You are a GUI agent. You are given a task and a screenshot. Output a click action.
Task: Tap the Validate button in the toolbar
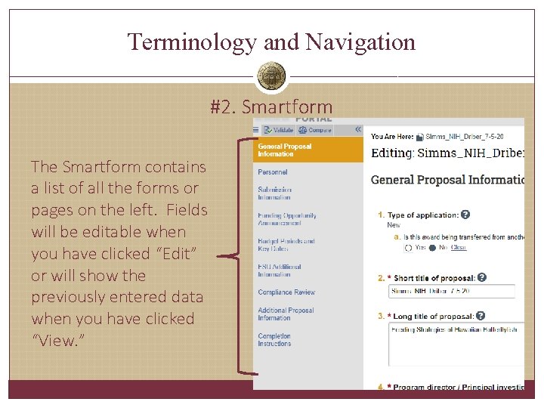tap(278, 130)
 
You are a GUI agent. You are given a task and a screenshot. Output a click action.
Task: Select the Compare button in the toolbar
tap(315, 130)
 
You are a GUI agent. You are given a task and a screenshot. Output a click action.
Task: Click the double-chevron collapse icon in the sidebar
tap(357, 129)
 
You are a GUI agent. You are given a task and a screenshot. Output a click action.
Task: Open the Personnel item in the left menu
tap(272, 172)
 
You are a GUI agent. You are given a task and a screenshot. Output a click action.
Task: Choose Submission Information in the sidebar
tap(274, 193)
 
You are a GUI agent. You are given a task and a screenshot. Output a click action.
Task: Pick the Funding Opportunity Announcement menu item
tap(286, 219)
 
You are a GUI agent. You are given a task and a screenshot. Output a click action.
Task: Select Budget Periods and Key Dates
tap(286, 245)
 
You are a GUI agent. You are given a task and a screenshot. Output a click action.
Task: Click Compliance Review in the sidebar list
tap(286, 292)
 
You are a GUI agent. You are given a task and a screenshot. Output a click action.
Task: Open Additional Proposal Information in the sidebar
tap(286, 314)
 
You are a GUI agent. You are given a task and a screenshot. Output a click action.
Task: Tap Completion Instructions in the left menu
tap(274, 340)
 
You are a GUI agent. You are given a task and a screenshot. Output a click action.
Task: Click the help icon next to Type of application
tap(465, 215)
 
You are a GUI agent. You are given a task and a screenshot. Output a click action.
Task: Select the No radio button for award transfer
tap(432, 247)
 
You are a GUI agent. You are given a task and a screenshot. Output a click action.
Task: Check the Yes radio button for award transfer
tap(409, 247)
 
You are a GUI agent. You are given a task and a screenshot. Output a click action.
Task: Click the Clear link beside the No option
tap(459, 247)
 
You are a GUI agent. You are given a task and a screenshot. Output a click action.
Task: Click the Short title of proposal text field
tap(452, 292)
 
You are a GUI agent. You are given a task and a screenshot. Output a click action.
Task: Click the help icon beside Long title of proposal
tap(481, 316)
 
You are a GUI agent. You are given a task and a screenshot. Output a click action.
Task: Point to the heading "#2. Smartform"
tap(271, 107)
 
